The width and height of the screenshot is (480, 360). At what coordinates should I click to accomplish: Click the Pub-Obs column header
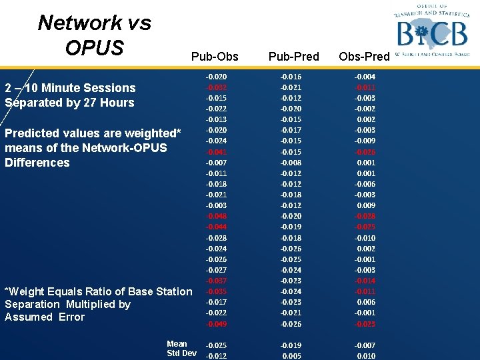(214, 57)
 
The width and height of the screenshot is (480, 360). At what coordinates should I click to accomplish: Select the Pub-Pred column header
(293, 57)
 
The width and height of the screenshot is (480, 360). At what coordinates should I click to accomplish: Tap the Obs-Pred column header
(364, 57)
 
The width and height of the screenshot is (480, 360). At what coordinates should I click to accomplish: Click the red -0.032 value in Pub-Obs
(216, 87)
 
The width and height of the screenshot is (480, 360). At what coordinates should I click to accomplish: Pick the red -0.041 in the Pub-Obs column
(216, 152)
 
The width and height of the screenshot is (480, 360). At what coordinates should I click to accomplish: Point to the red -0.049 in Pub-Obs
(216, 324)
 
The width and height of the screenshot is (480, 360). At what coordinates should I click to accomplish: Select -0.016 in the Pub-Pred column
(291, 77)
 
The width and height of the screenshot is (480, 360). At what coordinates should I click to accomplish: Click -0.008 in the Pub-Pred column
(291, 163)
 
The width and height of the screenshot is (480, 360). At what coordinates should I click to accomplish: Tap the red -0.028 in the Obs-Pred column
(365, 216)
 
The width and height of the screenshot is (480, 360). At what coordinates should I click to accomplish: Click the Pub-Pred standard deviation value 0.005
(292, 356)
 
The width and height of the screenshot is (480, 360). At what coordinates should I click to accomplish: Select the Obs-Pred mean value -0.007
(365, 345)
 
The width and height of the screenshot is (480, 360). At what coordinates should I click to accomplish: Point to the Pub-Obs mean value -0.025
(216, 345)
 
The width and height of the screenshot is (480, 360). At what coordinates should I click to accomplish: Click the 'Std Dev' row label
(181, 353)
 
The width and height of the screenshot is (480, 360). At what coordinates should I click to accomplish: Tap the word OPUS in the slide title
(95, 48)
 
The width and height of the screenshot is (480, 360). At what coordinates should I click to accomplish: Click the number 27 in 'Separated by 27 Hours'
(91, 103)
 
